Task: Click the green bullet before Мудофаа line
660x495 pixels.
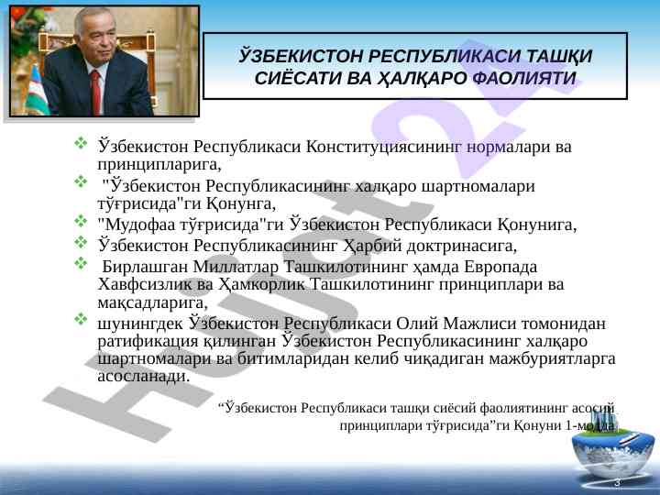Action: pos(81,221)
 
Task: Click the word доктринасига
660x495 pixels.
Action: pos(461,247)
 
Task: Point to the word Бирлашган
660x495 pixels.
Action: pos(145,267)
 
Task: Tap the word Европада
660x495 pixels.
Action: pos(500,268)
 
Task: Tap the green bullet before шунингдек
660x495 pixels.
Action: pos(81,319)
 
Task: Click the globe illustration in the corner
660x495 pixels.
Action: pos(613,449)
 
